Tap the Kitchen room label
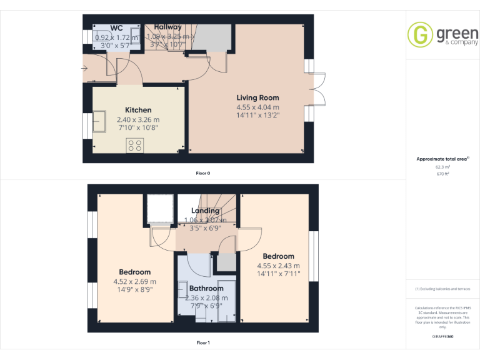tap(138, 110)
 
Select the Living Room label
tap(257, 97)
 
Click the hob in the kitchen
tap(134, 146)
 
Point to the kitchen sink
tap(101, 121)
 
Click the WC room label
tap(116, 28)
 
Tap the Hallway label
tap(168, 27)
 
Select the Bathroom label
tap(206, 288)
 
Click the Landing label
tap(205, 211)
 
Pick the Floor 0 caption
tap(202, 172)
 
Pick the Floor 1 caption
tap(202, 342)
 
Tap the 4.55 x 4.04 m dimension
tap(257, 107)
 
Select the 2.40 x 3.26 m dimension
tap(138, 119)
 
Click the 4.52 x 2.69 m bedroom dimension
tap(135, 281)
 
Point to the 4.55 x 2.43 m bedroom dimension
tap(278, 265)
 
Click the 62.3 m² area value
tap(442, 167)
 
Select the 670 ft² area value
tap(442, 174)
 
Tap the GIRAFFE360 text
tap(442, 336)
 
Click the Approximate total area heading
tap(441, 159)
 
